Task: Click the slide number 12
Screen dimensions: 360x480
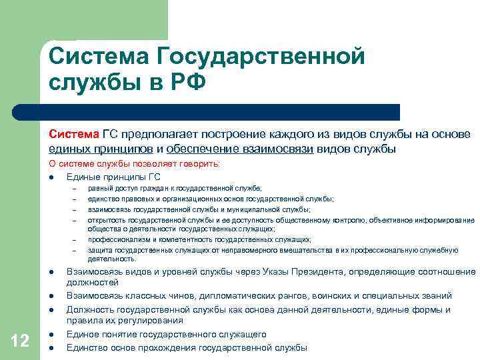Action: pos(20,341)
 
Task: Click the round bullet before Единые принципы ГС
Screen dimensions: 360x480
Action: pos(51,177)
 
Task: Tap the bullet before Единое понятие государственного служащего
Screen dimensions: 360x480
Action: pos(51,335)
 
